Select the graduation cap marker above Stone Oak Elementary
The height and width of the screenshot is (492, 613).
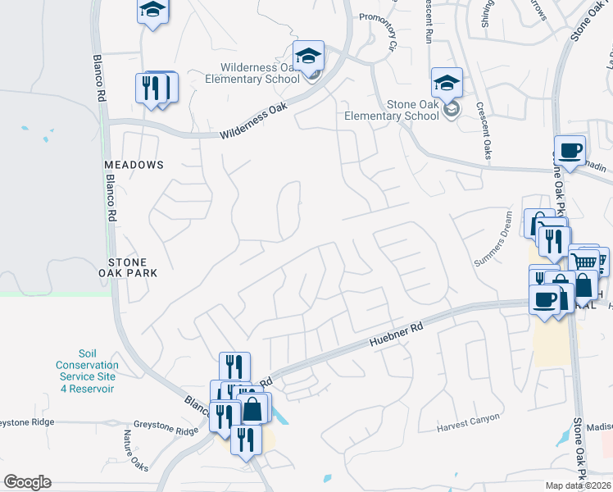pyautogui.click(x=447, y=83)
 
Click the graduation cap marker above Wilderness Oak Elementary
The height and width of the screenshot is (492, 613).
pyautogui.click(x=308, y=56)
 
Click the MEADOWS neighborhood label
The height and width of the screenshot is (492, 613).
pyautogui.click(x=134, y=165)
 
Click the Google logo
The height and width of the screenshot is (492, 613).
pyautogui.click(x=27, y=482)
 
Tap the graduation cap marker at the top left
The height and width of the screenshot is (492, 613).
pyautogui.click(x=152, y=11)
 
